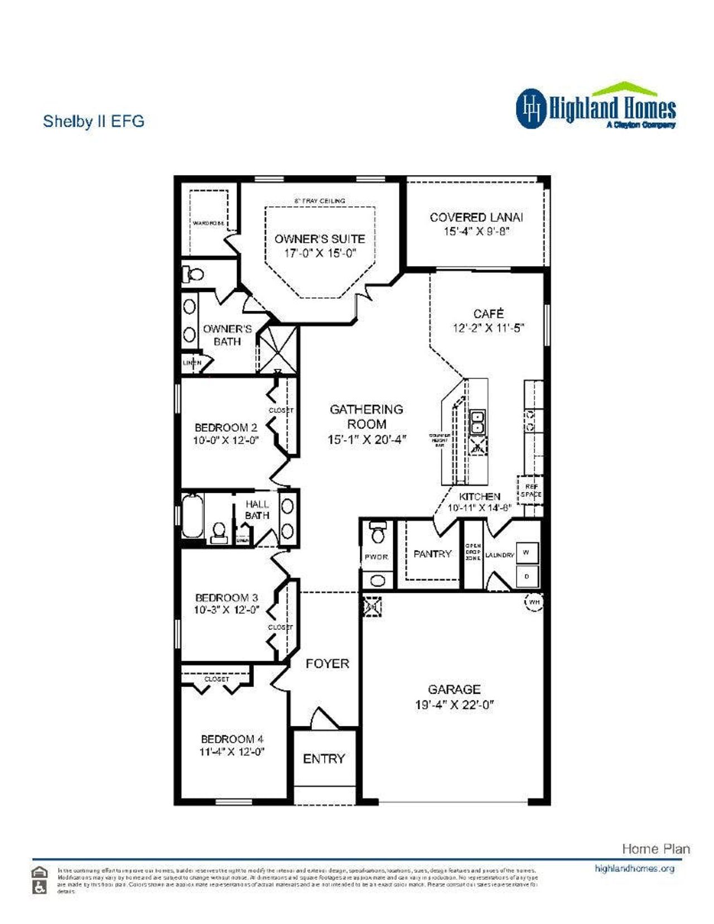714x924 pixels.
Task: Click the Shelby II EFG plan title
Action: [94, 121]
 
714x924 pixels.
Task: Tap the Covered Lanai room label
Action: [476, 218]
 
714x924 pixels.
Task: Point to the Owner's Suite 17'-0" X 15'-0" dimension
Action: [319, 253]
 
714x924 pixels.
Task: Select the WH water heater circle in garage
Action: [534, 602]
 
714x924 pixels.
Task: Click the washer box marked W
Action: [527, 552]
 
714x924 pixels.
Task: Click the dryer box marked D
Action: [527, 576]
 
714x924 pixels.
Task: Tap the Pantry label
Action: [432, 554]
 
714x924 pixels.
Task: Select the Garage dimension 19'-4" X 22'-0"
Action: [454, 705]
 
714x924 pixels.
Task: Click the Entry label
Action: [324, 759]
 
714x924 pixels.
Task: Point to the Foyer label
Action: [327, 663]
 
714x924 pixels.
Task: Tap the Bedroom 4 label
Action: [232, 739]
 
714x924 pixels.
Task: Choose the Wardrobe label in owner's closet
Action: [208, 223]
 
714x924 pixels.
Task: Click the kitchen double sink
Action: [477, 422]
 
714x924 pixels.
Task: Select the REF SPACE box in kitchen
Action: [530, 490]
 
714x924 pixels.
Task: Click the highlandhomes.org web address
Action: [634, 869]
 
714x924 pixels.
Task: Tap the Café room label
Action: [488, 314]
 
